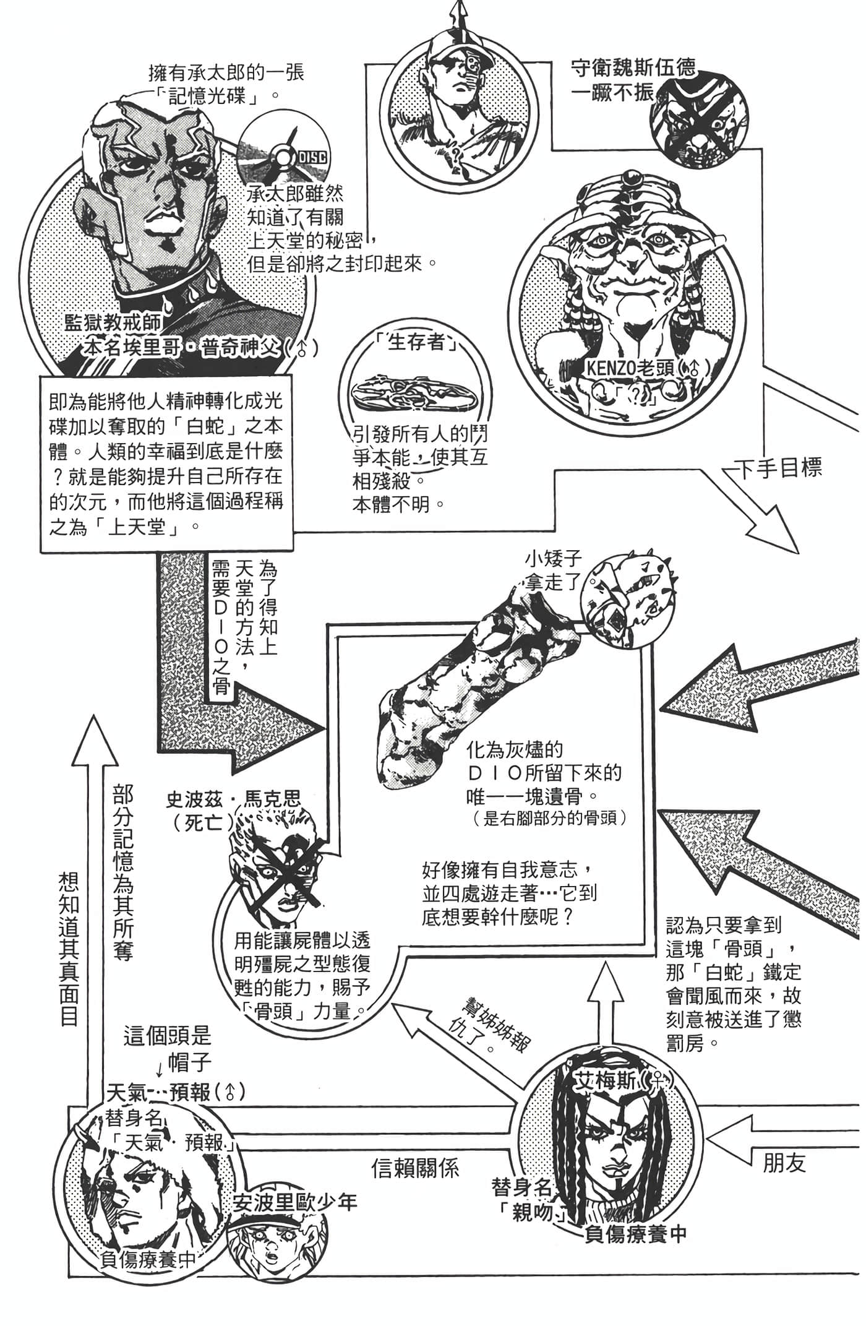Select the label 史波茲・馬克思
(233, 798)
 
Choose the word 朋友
(784, 1163)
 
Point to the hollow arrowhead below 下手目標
(773, 526)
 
